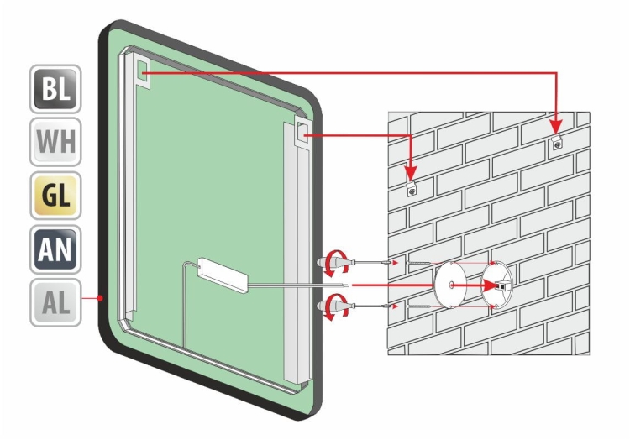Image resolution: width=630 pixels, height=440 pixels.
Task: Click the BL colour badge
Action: click(55, 90)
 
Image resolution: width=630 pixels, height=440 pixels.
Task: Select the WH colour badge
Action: click(55, 144)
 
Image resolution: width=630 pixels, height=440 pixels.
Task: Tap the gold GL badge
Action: click(55, 196)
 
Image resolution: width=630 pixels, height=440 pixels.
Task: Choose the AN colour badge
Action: click(55, 249)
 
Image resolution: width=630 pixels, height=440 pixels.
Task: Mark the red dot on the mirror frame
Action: click(100, 297)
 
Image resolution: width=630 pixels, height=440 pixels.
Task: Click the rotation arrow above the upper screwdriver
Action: click(337, 256)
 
